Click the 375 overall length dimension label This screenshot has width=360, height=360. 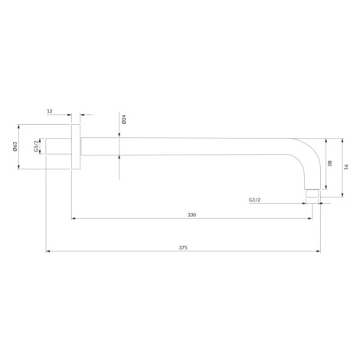pyautogui.click(x=183, y=247)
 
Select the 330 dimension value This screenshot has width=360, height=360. pyautogui.click(x=191, y=214)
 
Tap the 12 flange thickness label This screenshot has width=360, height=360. pyautogui.click(x=50, y=111)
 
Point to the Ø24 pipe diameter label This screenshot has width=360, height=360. pyautogui.click(x=124, y=119)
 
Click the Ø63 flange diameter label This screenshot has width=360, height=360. pyautogui.click(x=15, y=146)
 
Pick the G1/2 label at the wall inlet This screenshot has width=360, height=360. pyautogui.click(x=36, y=146)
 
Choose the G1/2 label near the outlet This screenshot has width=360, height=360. pyautogui.click(x=254, y=200)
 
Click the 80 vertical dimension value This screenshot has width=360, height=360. pyautogui.click(x=329, y=163)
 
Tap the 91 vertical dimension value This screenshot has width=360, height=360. pyautogui.click(x=346, y=167)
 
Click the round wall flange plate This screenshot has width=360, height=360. pyautogui.click(x=76, y=146)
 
